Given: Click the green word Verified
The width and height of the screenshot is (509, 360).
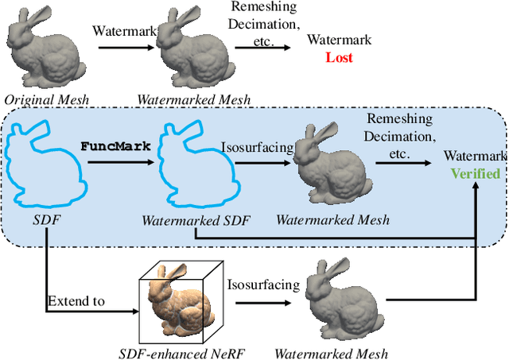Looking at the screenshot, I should tap(476, 174).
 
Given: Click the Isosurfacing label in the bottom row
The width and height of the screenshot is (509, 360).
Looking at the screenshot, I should tap(263, 285).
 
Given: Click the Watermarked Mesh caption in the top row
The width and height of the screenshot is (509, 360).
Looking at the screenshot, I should tap(193, 99).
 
